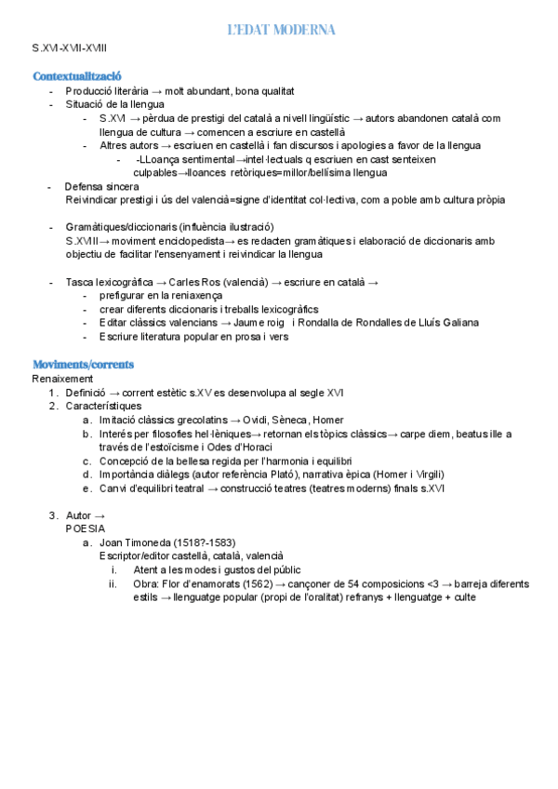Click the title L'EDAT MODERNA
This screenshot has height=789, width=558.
(281, 31)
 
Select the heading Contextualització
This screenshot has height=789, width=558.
(77, 75)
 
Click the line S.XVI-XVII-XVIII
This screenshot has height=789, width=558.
(70, 46)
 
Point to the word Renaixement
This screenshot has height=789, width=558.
(62, 379)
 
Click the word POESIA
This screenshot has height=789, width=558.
(86, 528)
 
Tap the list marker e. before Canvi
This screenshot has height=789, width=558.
(86, 488)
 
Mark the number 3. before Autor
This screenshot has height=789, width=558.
(53, 515)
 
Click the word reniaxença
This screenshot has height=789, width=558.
(190, 296)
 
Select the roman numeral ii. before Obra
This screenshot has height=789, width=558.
(113, 584)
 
